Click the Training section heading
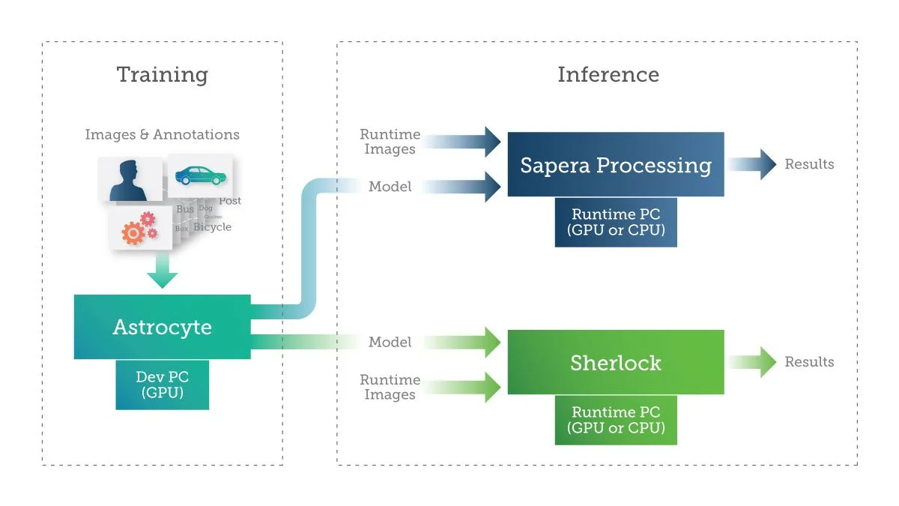(x=162, y=75)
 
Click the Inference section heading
(x=608, y=75)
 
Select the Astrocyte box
(x=162, y=327)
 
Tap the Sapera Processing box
(x=615, y=165)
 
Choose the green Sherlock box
(x=615, y=363)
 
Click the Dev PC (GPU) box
(x=162, y=385)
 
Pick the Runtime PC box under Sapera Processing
(x=616, y=222)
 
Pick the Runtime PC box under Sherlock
(x=616, y=420)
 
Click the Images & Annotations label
(x=162, y=135)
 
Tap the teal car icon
(x=200, y=176)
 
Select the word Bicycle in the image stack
(x=212, y=227)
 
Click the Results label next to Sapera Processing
(x=809, y=164)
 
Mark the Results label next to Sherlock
(x=809, y=362)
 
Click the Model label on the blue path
(x=390, y=187)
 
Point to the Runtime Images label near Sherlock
(x=390, y=387)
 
